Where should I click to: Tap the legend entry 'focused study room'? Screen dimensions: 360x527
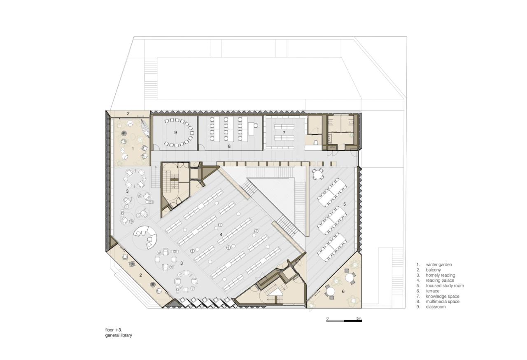(x=445, y=285)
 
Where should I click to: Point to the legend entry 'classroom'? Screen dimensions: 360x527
(x=436, y=307)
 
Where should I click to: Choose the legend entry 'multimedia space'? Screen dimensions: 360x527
(x=443, y=302)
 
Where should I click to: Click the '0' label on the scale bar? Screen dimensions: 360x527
(x=327, y=318)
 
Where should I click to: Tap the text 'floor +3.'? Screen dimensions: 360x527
(x=114, y=330)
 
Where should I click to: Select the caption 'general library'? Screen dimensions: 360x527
(x=119, y=335)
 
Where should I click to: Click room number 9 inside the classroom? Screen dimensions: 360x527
(x=175, y=132)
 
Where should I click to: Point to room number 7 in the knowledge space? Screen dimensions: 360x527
(x=284, y=132)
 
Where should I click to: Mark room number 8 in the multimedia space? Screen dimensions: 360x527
(x=229, y=146)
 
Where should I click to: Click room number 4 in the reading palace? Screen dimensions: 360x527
(x=221, y=235)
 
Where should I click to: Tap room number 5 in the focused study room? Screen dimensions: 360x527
(x=345, y=204)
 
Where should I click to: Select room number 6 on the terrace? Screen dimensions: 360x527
(x=343, y=291)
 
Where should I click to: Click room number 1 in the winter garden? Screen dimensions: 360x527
(x=133, y=148)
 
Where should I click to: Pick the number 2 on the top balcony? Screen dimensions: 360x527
(x=128, y=114)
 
